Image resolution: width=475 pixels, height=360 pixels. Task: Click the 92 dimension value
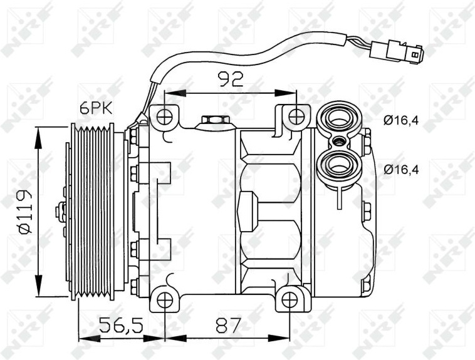(231, 80)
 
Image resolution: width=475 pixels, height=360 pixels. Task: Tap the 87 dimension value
(228, 326)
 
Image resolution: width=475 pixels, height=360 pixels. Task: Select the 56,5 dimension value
(121, 326)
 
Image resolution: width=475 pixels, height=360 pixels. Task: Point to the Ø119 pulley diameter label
(25, 212)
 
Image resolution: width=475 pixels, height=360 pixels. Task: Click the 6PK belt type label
(96, 108)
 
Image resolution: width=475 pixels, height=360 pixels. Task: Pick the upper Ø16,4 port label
(401, 121)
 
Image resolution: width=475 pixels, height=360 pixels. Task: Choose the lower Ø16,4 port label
(401, 170)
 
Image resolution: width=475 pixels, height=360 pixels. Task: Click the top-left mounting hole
(165, 117)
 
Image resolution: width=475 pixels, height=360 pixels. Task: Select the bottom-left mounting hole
(165, 300)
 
